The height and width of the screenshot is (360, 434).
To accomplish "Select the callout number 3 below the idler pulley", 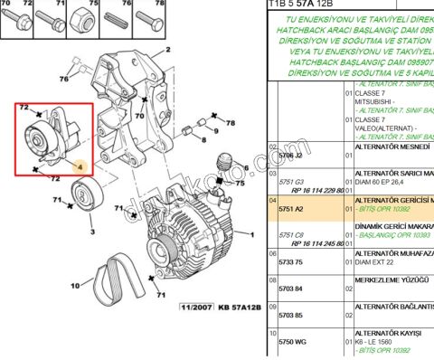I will point(91,232).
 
